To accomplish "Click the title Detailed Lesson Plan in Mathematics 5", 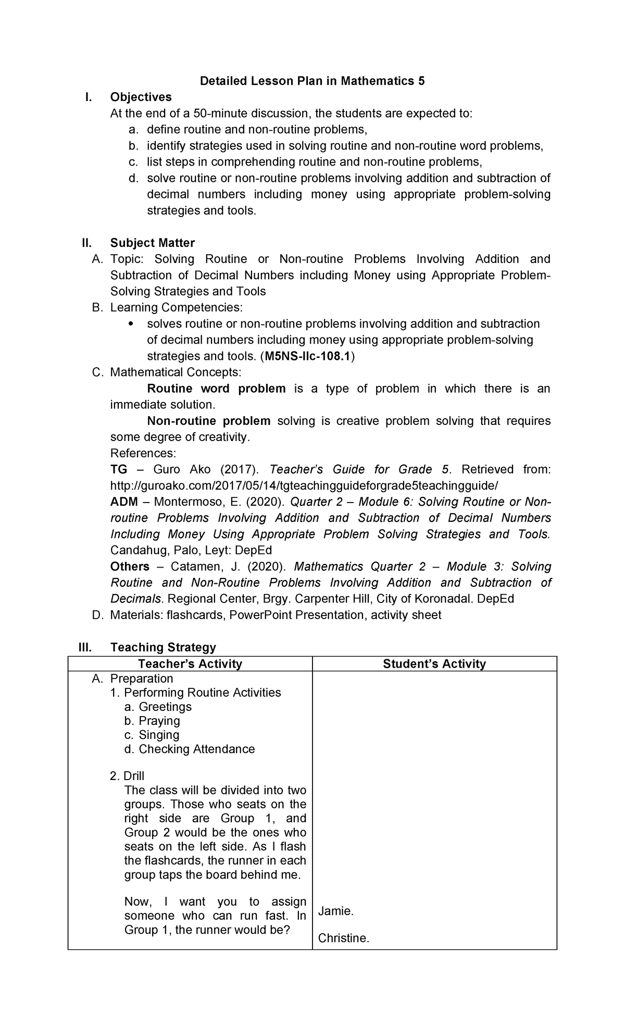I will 312,81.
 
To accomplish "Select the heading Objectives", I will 141,97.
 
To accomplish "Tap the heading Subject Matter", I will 152,243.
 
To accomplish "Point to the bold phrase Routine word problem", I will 216,389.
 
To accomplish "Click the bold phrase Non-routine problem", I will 208,421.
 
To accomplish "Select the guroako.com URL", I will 304,486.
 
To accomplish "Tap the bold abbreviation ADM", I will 124,502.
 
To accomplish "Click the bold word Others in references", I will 130,567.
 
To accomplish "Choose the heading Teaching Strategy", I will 163,647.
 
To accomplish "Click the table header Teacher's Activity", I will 190,664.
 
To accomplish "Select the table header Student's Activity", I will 434,664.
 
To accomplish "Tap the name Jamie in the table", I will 335,912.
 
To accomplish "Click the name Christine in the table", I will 343,938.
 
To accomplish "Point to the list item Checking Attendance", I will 196,749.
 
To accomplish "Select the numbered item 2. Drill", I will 127,776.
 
